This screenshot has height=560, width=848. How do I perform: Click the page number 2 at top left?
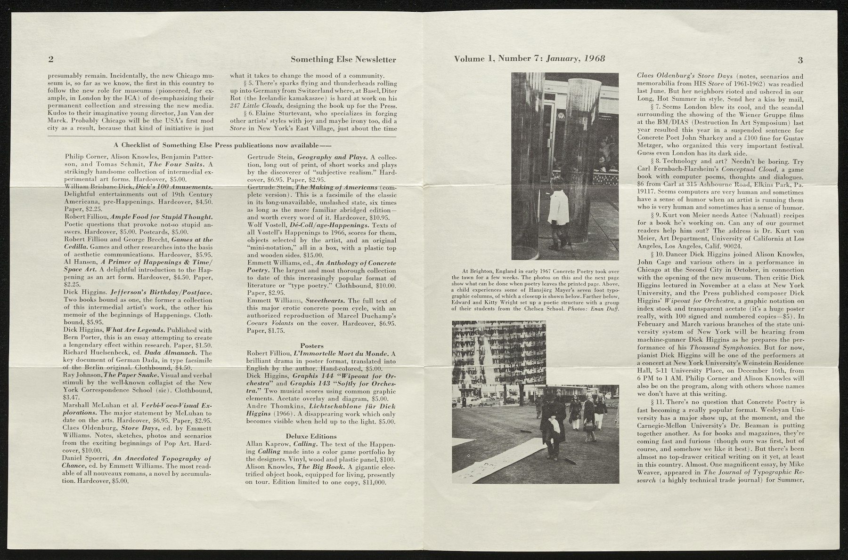(50, 60)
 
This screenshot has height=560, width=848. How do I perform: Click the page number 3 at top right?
(800, 60)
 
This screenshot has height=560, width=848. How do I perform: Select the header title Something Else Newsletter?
(343, 60)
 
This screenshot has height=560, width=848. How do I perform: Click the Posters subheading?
(311, 346)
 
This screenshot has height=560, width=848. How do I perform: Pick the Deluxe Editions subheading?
(311, 436)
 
